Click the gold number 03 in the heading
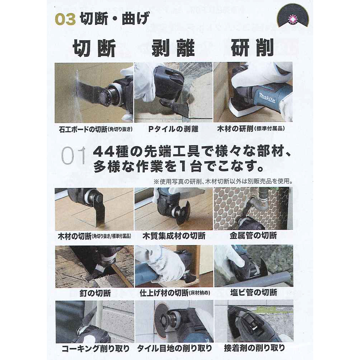[66, 19]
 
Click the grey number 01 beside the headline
[73, 156]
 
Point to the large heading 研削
[252, 48]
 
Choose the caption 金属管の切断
[253, 235]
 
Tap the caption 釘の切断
[95, 293]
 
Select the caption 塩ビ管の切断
[253, 292]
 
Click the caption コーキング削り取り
[95, 348]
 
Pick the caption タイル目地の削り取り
[175, 348]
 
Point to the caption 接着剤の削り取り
[255, 348]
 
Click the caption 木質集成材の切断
[174, 236]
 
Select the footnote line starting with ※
[223, 181]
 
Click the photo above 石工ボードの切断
[94, 93]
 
